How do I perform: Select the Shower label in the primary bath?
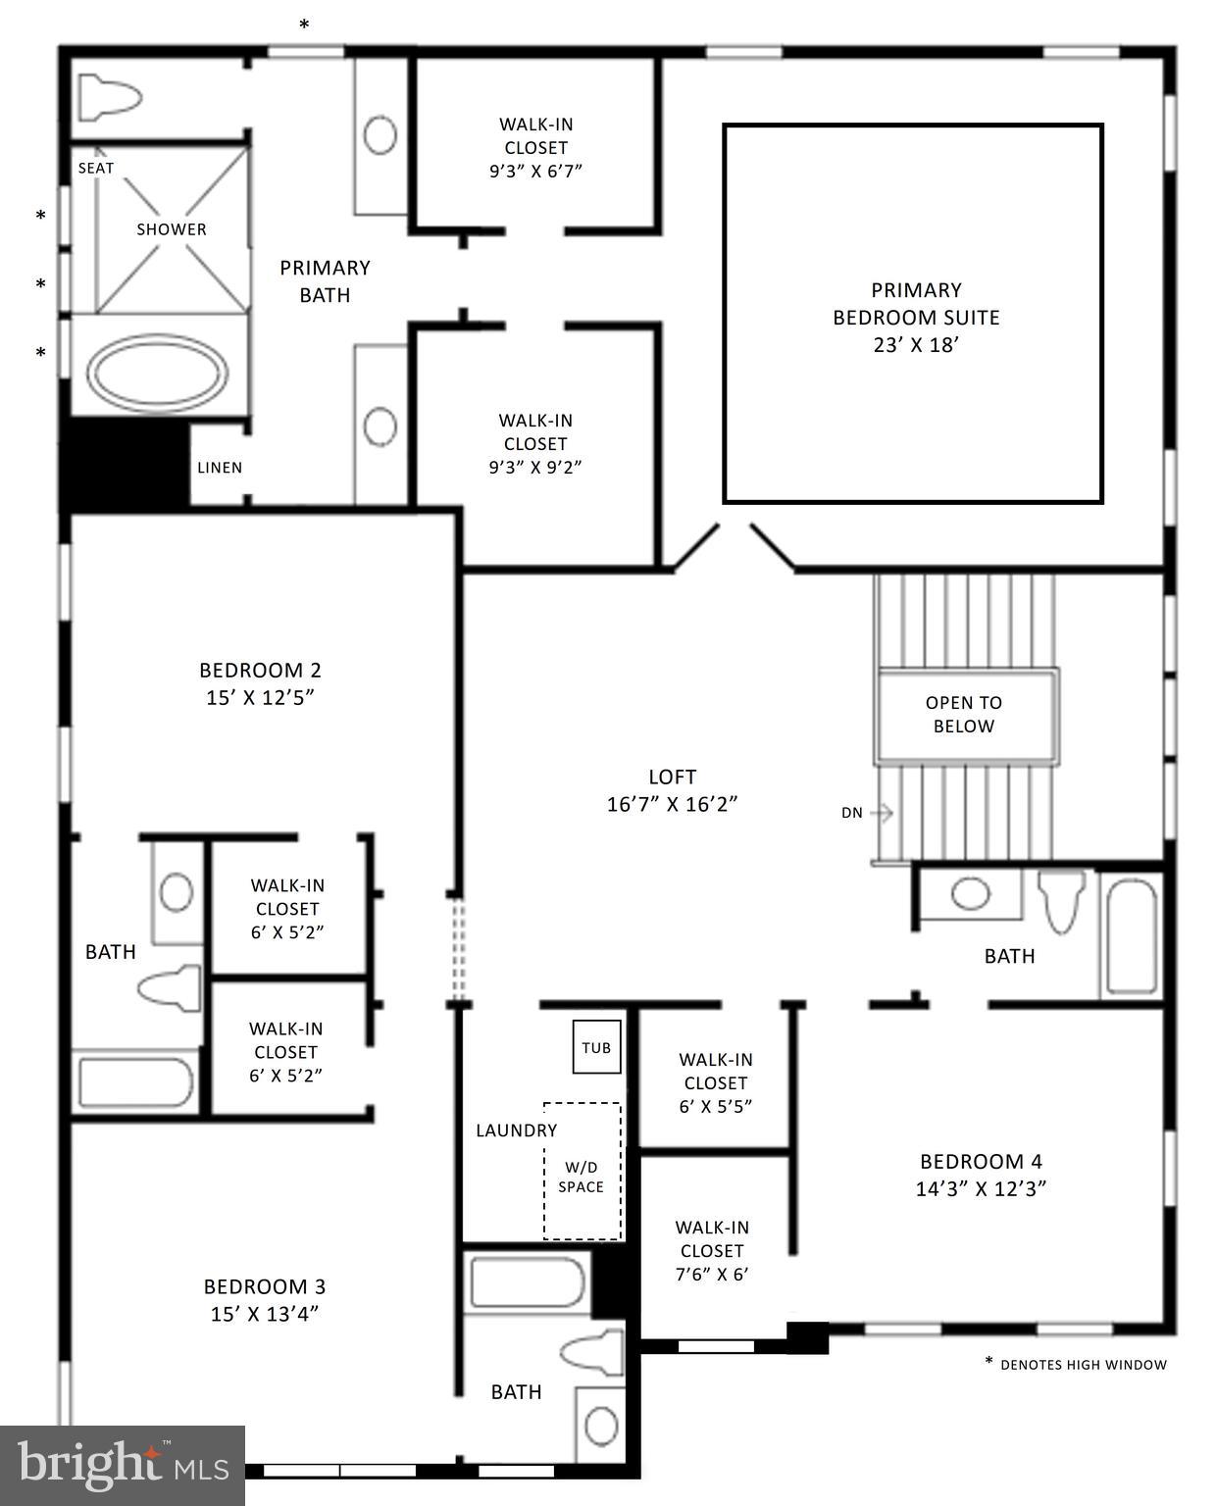[172, 229]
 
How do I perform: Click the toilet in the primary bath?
[110, 98]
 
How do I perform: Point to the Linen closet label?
[220, 468]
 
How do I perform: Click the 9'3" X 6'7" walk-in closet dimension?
[535, 172]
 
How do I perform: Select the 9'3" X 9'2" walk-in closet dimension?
[535, 468]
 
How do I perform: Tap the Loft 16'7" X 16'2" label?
[673, 790]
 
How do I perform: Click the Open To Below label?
[964, 715]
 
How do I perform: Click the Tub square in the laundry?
[596, 1048]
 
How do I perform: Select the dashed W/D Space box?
[583, 1172]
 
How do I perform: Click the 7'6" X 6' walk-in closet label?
[712, 1251]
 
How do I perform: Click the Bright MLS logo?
[123, 1465]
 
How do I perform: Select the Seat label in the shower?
[96, 168]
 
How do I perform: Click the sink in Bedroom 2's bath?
[177, 893]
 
